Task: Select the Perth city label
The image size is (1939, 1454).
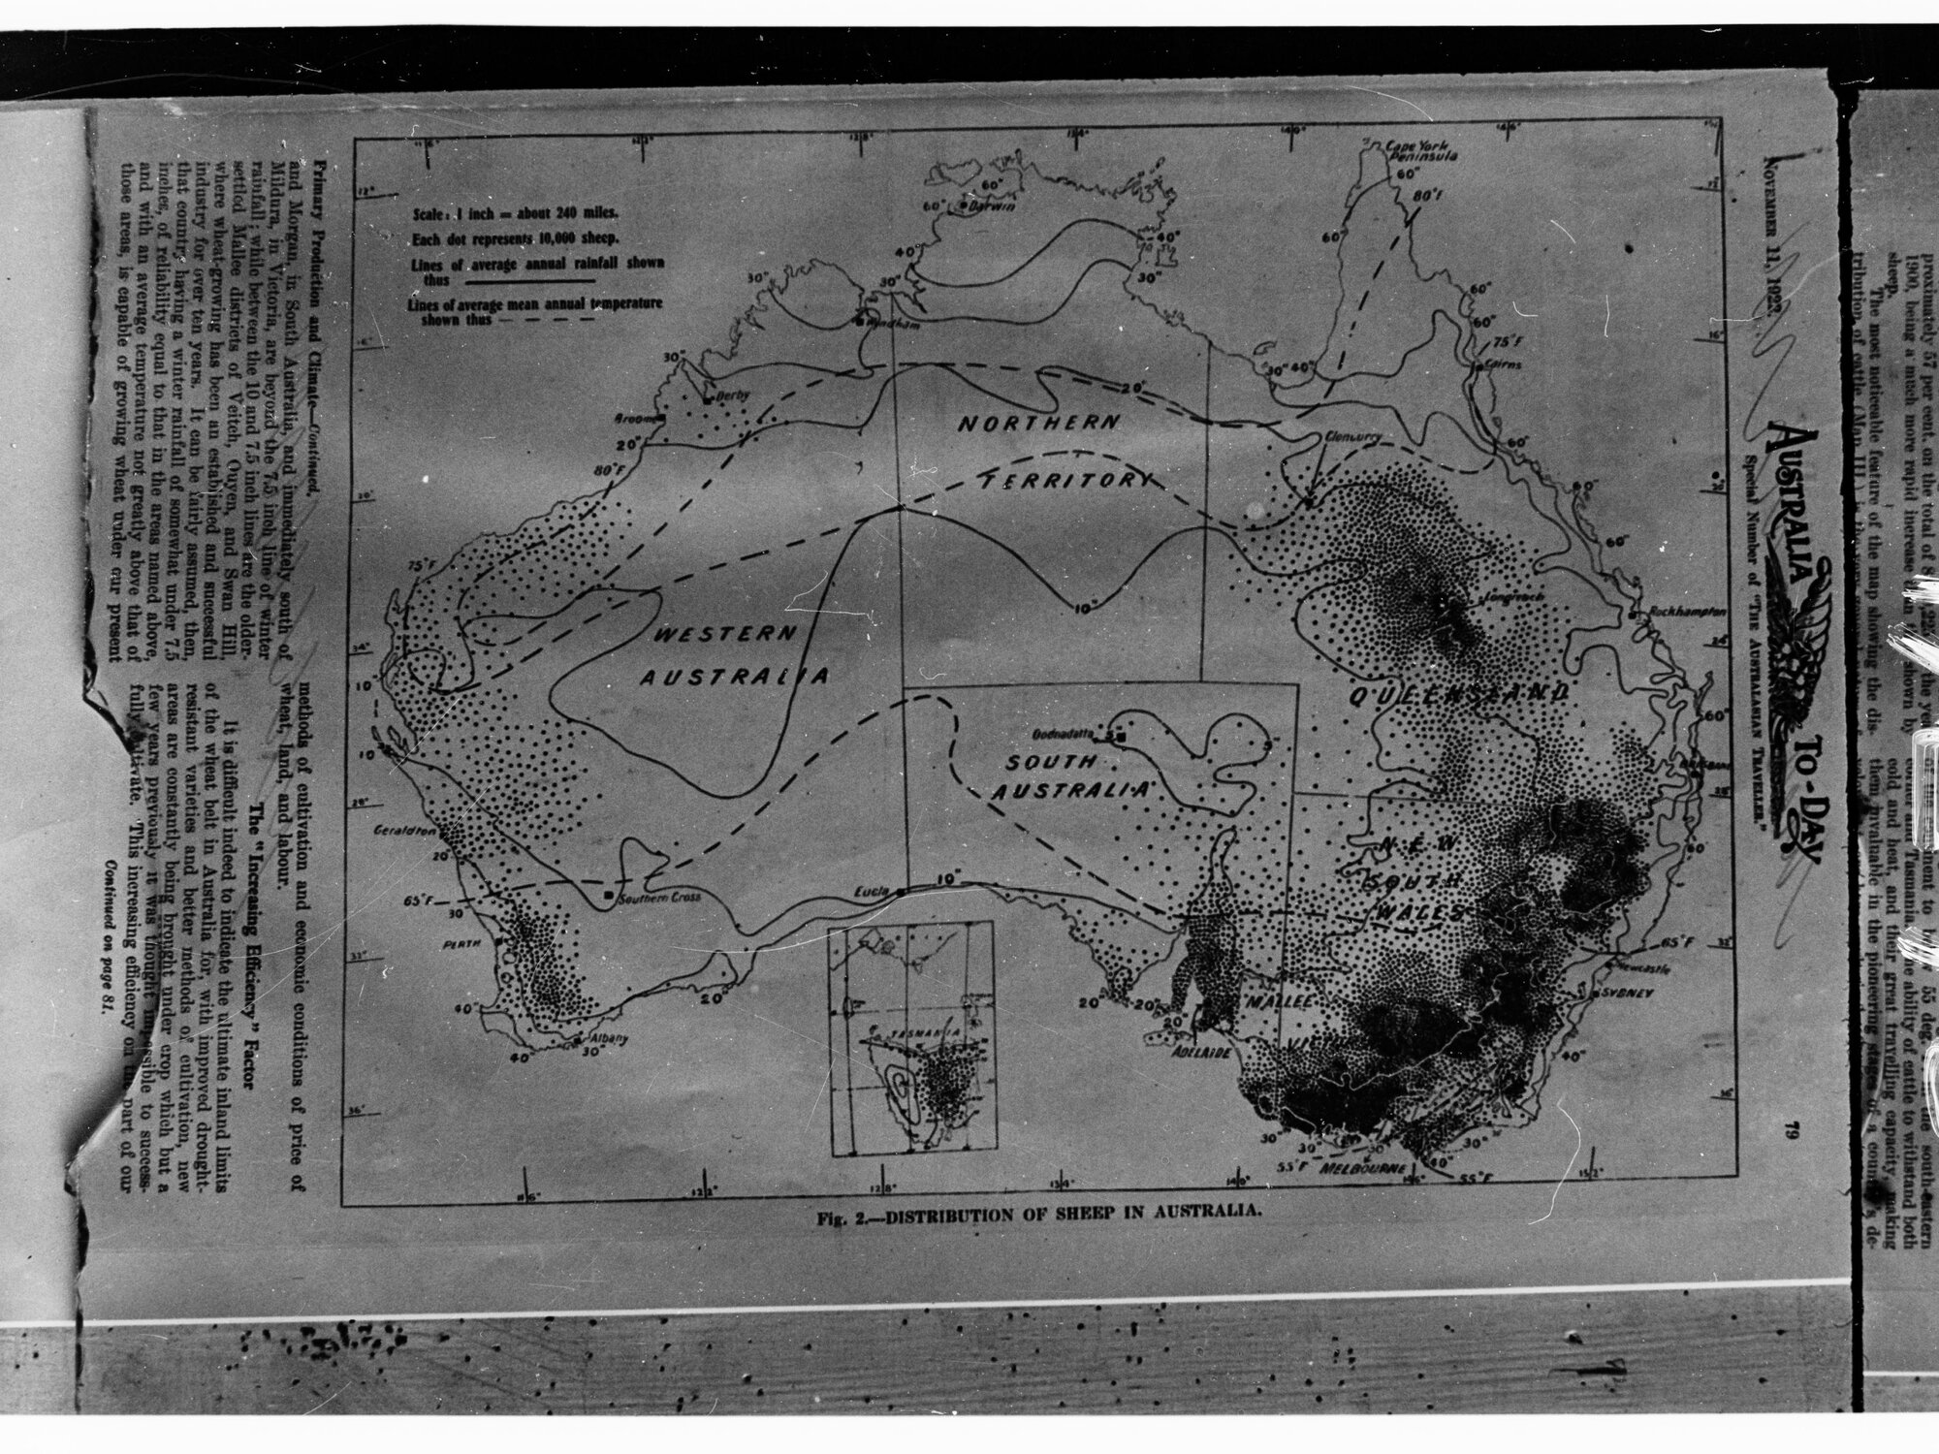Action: coord(473,940)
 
